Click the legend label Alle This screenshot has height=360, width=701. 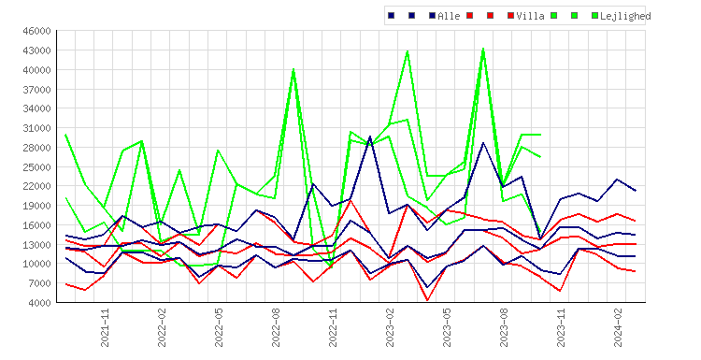pyautogui.click(x=449, y=16)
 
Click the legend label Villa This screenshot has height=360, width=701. pyautogui.click(x=530, y=16)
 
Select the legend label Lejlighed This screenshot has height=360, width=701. pyautogui.click(x=625, y=17)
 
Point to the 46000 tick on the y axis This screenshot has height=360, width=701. pyautogui.click(x=36, y=31)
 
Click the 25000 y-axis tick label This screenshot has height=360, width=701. pyautogui.click(x=36, y=166)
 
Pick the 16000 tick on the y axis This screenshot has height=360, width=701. pyautogui.click(x=36, y=225)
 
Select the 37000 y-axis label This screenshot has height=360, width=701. pyautogui.click(x=36, y=90)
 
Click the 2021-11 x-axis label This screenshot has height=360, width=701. pyautogui.click(x=105, y=327)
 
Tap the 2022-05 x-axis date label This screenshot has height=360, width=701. pyautogui.click(x=219, y=327)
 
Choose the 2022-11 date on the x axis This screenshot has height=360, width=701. pyautogui.click(x=333, y=327)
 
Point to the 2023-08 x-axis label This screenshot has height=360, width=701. pyautogui.click(x=504, y=327)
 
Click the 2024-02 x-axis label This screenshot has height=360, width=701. pyautogui.click(x=618, y=327)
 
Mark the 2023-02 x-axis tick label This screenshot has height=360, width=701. pyautogui.click(x=390, y=327)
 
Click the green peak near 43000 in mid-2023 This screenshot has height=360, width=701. pyautogui.click(x=483, y=49)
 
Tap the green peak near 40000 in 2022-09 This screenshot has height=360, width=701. pyautogui.click(x=293, y=69)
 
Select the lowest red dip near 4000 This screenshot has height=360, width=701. pyautogui.click(x=427, y=300)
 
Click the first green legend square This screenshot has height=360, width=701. pyautogui.click(x=554, y=16)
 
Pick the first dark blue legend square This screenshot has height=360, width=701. pyautogui.click(x=392, y=16)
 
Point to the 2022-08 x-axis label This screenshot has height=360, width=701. pyautogui.click(x=276, y=327)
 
